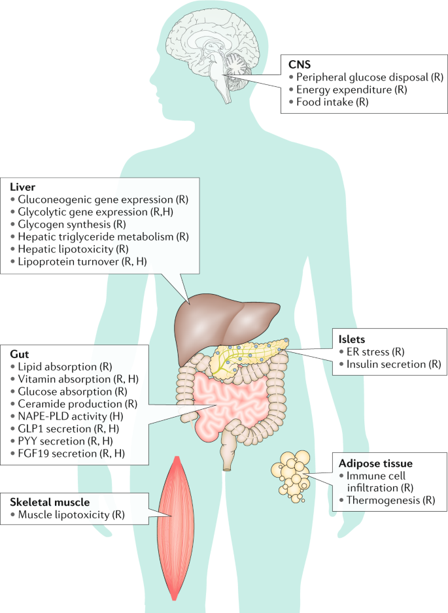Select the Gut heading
click(x=20, y=353)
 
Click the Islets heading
click(x=352, y=339)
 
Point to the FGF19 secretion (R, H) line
click(x=72, y=453)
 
